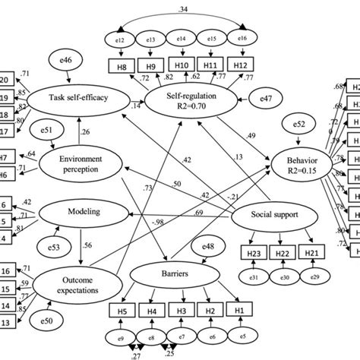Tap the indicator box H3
[180, 310]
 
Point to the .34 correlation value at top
[182, 8]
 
